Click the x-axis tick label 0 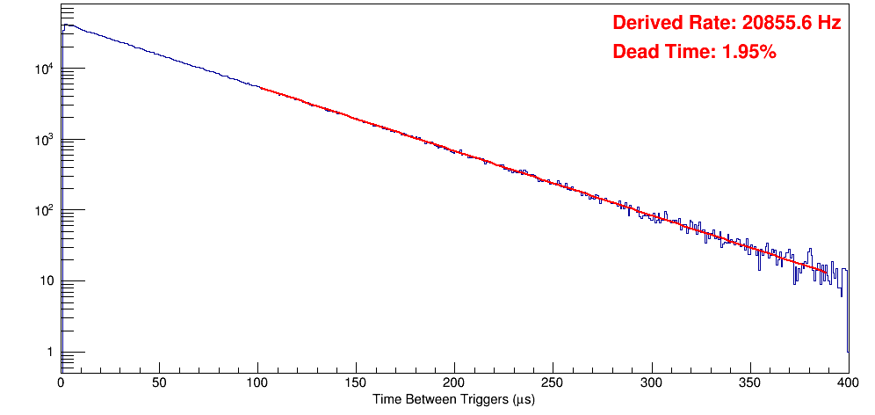pyautogui.click(x=61, y=383)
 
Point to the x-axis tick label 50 pyautogui.click(x=159, y=383)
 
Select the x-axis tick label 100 pyautogui.click(x=257, y=383)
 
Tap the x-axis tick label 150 pyautogui.click(x=356, y=383)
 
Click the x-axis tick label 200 pyautogui.click(x=454, y=383)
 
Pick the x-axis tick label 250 pyautogui.click(x=553, y=383)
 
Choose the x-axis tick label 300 pyautogui.click(x=651, y=383)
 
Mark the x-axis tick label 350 pyautogui.click(x=749, y=383)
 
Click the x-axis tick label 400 pyautogui.click(x=847, y=383)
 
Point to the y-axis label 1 pyautogui.click(x=48, y=353)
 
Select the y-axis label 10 pyautogui.click(x=46, y=281)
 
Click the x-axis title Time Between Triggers pyautogui.click(x=454, y=400)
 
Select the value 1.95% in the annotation pyautogui.click(x=748, y=52)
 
